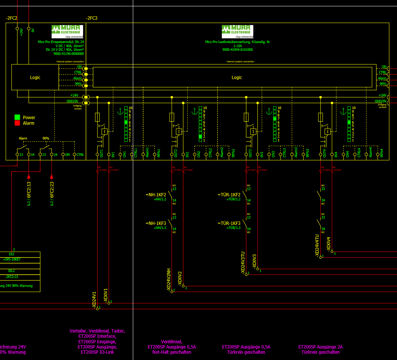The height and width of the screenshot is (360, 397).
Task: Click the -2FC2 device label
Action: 12,18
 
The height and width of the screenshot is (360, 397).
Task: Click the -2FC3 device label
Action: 92,18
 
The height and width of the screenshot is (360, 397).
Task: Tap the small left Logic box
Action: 35,78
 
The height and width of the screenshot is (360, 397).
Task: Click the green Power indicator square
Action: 17,117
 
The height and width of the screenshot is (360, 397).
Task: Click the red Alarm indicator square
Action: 17,123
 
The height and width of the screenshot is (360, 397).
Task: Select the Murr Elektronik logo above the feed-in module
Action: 67,32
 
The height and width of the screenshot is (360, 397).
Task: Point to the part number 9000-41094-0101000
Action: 237,49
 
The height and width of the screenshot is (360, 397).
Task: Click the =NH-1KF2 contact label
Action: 156,194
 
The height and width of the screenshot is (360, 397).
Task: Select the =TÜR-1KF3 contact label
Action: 229,223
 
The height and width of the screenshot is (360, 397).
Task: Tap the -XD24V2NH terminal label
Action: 169,281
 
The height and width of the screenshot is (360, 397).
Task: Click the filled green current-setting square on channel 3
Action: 275,119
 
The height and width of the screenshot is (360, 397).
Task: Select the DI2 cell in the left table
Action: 12,254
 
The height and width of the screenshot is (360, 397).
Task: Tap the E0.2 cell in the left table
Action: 12,271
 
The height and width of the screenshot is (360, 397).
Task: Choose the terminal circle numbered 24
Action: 52,154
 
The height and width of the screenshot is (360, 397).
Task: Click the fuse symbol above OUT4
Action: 320,118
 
